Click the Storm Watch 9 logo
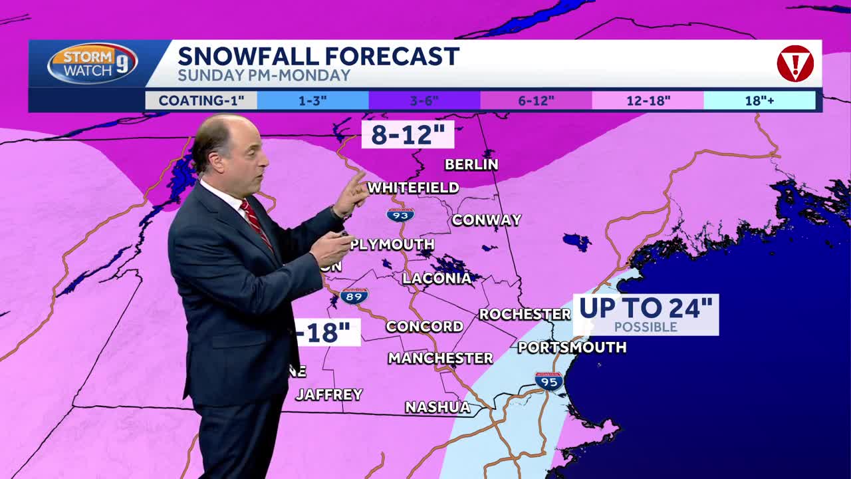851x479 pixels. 92,64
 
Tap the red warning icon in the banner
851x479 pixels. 795,64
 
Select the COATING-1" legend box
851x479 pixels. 201,101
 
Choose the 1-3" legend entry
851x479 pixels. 312,101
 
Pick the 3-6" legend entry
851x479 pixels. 424,101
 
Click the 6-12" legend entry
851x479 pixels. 536,101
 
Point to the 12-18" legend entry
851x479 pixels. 648,101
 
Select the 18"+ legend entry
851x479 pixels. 759,101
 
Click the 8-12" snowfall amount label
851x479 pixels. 408,134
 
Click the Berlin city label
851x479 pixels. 471,164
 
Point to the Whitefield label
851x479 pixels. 414,188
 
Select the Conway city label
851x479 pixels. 487,220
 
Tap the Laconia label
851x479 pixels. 437,279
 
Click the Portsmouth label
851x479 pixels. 572,347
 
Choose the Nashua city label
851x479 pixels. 437,407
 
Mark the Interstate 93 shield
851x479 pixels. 400,215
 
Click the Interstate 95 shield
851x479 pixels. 549,381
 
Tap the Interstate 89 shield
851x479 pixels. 354,296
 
